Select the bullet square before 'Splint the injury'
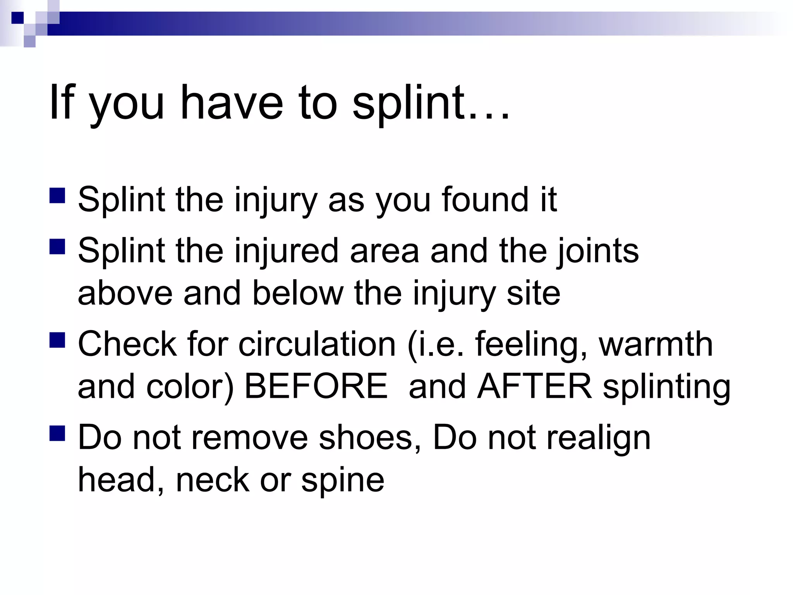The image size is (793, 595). point(57,196)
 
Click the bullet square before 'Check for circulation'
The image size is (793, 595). point(57,340)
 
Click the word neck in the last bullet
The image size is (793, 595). point(213,480)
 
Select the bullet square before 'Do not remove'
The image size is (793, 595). point(57,433)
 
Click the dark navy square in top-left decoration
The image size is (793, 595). point(17,18)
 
